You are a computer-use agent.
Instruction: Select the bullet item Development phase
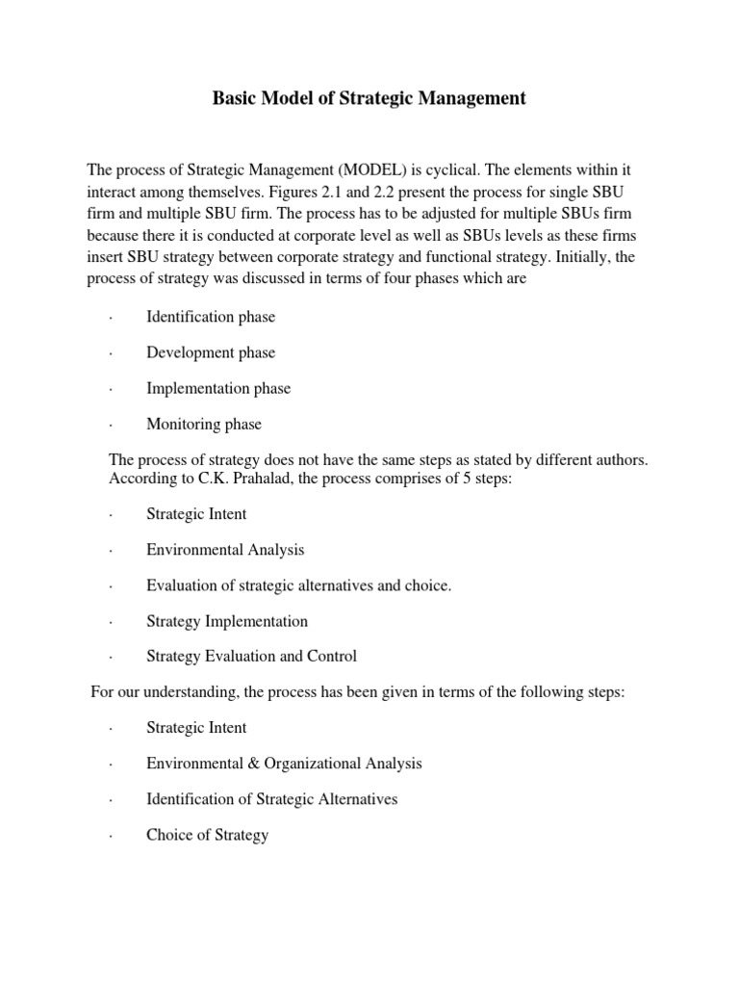pyautogui.click(x=211, y=352)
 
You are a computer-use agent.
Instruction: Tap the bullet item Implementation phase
pyautogui.click(x=218, y=388)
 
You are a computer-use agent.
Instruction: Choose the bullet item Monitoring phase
pyautogui.click(x=204, y=424)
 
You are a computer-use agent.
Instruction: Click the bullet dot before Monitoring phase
pyautogui.click(x=112, y=425)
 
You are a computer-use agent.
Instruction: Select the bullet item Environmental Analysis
pyautogui.click(x=225, y=550)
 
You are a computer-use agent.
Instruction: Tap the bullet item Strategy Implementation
pyautogui.click(x=227, y=621)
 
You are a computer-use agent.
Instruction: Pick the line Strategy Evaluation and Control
pyautogui.click(x=251, y=657)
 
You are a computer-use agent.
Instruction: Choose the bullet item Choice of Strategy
pyautogui.click(x=207, y=835)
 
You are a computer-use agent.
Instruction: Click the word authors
pyautogui.click(x=623, y=460)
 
